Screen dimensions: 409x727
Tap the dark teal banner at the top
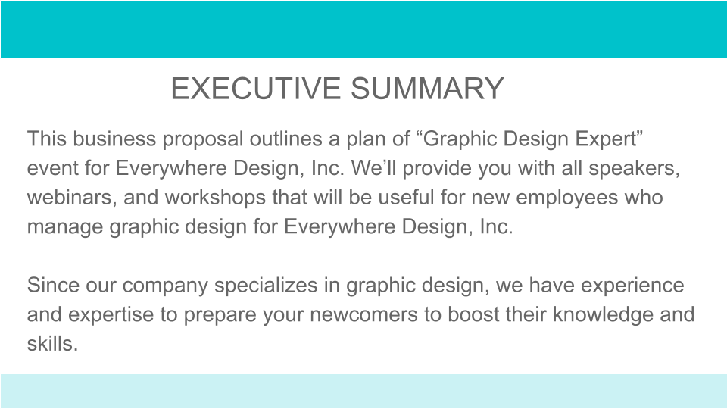pos(363,30)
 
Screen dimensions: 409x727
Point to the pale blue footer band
pos(363,391)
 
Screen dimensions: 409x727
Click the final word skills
pos(51,343)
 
